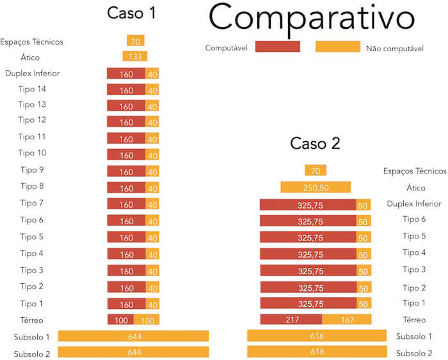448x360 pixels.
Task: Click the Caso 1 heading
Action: [131, 13]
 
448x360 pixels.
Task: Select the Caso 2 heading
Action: [315, 143]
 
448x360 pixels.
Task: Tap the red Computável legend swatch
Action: [277, 47]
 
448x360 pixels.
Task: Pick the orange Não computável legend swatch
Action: [338, 47]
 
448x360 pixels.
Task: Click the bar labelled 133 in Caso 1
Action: [135, 57]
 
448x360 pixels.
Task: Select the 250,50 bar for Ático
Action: [316, 187]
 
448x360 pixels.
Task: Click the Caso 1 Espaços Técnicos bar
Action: [135, 42]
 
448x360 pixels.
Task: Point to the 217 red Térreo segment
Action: [291, 319]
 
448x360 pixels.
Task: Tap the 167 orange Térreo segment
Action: [346, 319]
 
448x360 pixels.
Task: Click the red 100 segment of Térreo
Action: [120, 320]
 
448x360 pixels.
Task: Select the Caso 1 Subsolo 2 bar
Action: [134, 352]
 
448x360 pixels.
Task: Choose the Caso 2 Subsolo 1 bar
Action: [317, 336]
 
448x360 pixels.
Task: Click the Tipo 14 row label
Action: [32, 88]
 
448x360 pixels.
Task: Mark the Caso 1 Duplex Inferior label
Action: [32, 73]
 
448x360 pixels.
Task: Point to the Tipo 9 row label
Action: [32, 170]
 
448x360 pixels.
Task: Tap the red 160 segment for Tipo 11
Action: [126, 138]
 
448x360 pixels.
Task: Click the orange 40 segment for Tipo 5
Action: [152, 237]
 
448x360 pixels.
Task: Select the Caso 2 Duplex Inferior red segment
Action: [308, 205]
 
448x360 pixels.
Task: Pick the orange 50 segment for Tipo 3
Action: [364, 270]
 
